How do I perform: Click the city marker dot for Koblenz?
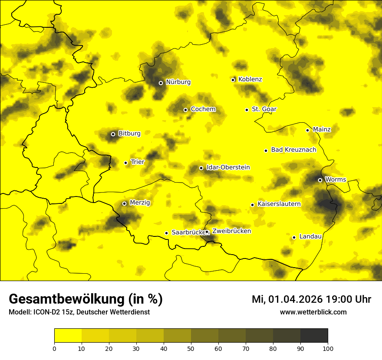233,80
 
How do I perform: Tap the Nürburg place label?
178,82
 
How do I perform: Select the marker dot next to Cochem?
185,110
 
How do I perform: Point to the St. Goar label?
264,109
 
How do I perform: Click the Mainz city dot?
307,130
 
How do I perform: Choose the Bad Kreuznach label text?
293,150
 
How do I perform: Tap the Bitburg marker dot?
113,134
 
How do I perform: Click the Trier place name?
138,162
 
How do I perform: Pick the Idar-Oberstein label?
228,167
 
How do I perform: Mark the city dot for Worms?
320,180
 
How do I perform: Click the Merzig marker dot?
124,203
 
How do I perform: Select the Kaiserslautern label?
279,204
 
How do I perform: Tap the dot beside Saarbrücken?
166,233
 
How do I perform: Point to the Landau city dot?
294,237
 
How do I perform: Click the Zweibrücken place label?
231,231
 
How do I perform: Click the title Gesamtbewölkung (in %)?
86,299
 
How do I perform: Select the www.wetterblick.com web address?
313,312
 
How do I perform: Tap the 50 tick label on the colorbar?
191,348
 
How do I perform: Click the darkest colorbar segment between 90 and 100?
314,335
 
